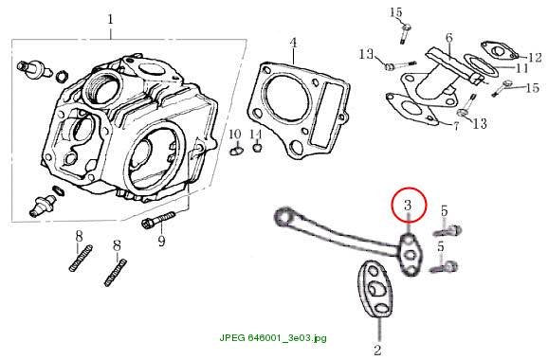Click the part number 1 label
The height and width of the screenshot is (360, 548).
point(110,19)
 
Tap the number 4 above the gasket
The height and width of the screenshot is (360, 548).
point(293,43)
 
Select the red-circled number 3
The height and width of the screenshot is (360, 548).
point(408,206)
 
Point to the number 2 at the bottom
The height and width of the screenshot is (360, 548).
point(377,350)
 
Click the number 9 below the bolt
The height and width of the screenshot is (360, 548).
point(161,241)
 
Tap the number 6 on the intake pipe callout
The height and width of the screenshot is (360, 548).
point(449,38)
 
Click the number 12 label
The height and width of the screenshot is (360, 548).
point(535,57)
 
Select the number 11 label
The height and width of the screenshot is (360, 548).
point(522,68)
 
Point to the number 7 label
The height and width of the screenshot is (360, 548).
point(456,126)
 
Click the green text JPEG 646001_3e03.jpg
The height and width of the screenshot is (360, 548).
point(273,337)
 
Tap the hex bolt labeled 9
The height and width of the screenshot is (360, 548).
point(158,219)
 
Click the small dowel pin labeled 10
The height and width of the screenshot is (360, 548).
point(235,151)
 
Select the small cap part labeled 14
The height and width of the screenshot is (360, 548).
point(257,147)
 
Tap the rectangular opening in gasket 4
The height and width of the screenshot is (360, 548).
point(329,114)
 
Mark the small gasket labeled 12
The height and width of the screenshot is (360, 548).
point(499,51)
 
